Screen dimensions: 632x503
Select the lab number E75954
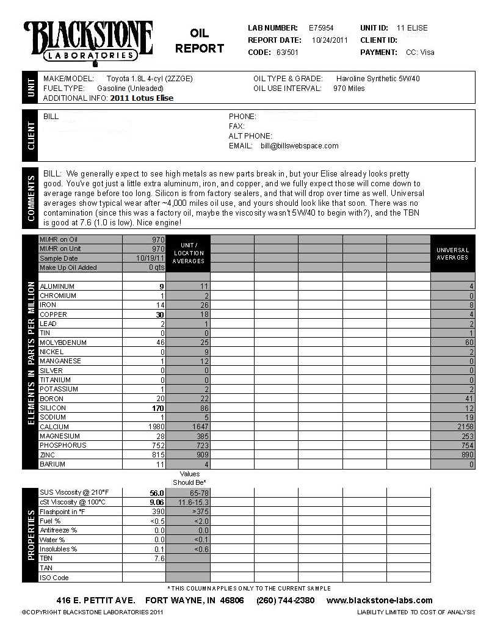(321, 28)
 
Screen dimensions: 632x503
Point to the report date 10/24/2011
(330, 40)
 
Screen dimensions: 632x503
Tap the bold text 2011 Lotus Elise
(142, 98)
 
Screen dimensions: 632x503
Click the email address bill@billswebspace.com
(299, 146)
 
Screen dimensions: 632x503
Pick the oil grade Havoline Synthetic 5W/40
(378, 79)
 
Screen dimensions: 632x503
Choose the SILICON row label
(52, 408)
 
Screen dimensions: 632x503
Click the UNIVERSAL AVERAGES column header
(452, 253)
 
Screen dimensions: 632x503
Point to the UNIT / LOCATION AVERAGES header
(188, 253)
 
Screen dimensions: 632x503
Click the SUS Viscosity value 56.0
(157, 493)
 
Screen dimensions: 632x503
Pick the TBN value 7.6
(159, 558)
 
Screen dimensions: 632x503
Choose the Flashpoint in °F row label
(61, 512)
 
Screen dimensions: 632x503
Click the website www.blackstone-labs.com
(379, 600)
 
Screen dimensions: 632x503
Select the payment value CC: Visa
(420, 53)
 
